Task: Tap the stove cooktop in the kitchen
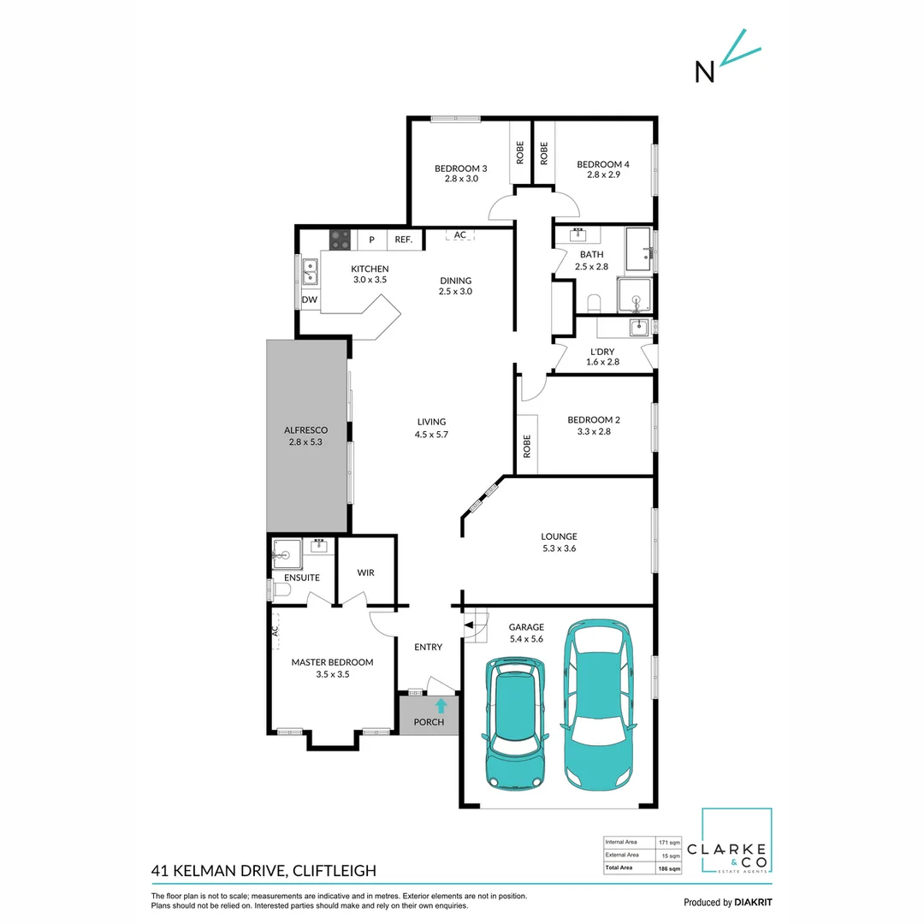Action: (x=341, y=240)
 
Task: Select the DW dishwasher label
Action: (x=309, y=299)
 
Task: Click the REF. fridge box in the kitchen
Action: (x=404, y=240)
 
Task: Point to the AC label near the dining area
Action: (x=459, y=234)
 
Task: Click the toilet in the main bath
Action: (x=595, y=302)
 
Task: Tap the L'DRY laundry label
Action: (x=602, y=351)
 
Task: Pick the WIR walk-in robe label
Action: (x=365, y=572)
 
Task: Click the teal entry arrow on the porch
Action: (x=441, y=706)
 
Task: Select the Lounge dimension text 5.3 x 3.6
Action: (x=559, y=548)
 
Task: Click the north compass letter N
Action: (x=704, y=73)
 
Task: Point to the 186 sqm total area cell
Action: (x=669, y=868)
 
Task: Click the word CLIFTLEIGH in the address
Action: (x=335, y=871)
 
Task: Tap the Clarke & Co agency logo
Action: (x=737, y=843)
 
